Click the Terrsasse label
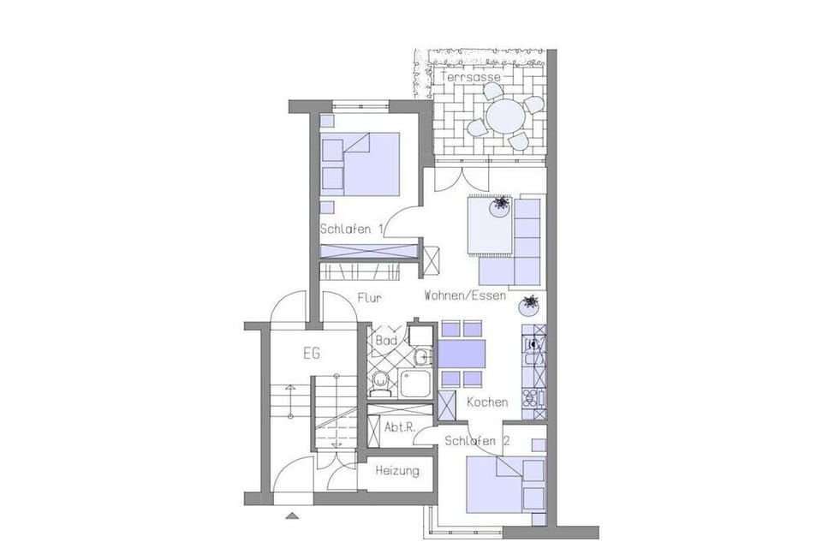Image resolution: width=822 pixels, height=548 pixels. (x=470, y=77)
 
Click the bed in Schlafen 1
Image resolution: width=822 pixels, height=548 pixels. (x=360, y=164)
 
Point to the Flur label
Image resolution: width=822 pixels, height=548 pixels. (x=370, y=298)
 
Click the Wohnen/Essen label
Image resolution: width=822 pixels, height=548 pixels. (x=465, y=295)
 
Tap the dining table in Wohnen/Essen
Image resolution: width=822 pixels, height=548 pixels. (x=462, y=354)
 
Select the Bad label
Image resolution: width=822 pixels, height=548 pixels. (x=386, y=341)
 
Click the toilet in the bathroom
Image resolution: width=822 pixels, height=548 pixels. (x=378, y=383)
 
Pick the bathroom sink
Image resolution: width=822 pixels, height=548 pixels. (x=421, y=358)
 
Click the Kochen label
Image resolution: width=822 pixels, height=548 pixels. (x=487, y=402)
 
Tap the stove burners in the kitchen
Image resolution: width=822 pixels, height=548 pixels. (x=531, y=398)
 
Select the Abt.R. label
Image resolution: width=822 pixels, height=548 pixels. (x=400, y=427)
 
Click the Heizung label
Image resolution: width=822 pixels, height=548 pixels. (x=397, y=471)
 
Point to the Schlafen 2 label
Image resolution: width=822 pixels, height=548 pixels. (x=477, y=440)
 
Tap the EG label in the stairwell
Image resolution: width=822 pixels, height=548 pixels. (x=312, y=354)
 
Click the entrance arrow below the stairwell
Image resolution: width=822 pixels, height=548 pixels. (x=292, y=515)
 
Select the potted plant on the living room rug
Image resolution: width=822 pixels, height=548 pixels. (x=500, y=206)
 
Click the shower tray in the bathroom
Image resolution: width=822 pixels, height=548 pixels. (x=415, y=384)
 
